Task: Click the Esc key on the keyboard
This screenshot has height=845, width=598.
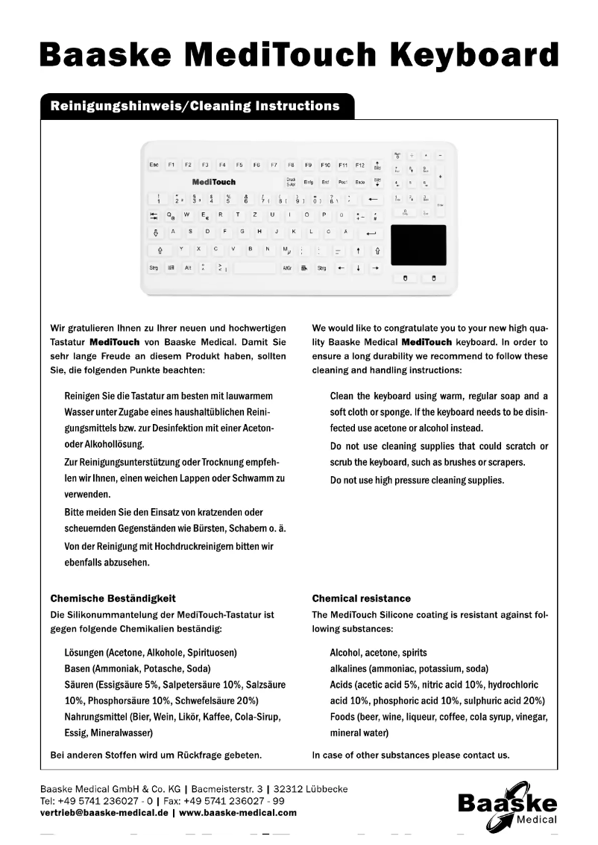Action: coord(154,164)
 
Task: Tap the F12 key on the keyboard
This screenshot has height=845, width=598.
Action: coord(359,164)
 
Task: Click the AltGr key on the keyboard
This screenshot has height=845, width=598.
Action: coord(287,268)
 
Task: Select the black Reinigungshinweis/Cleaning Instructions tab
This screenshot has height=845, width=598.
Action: coord(195,106)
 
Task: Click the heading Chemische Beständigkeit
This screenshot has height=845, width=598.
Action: coord(113,598)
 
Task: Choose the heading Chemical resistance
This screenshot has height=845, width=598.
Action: coord(361,598)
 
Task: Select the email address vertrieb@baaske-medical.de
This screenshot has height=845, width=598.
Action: coord(104,813)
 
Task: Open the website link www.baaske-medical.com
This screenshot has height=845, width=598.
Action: coord(238,813)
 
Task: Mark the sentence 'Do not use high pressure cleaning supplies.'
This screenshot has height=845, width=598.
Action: coord(417,480)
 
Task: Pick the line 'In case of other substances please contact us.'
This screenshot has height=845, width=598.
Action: coord(410,755)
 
